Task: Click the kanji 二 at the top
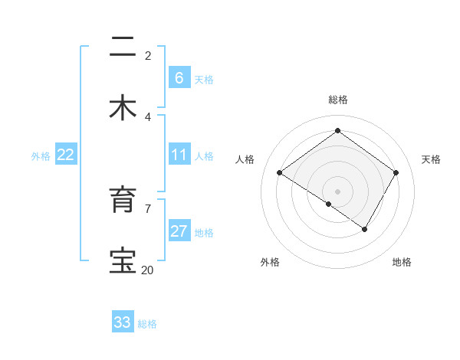tap(123, 48)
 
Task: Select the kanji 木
tap(123, 108)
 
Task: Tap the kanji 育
tap(123, 201)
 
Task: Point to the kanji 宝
tap(123, 261)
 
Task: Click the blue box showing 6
tap(178, 78)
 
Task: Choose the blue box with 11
tap(179, 155)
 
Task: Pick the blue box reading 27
tap(179, 231)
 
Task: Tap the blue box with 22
tap(66, 155)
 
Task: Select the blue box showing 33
tap(123, 322)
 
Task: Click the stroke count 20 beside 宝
tap(147, 270)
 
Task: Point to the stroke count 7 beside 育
tap(147, 208)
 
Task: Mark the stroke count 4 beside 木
tap(147, 116)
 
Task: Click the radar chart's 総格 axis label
tap(337, 100)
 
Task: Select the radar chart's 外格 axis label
tap(270, 262)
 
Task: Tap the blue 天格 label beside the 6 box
tap(203, 79)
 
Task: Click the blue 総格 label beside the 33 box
tap(147, 324)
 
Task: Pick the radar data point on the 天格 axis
tap(396, 172)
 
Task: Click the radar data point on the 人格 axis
tap(280, 173)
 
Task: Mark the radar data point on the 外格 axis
tap(329, 204)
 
